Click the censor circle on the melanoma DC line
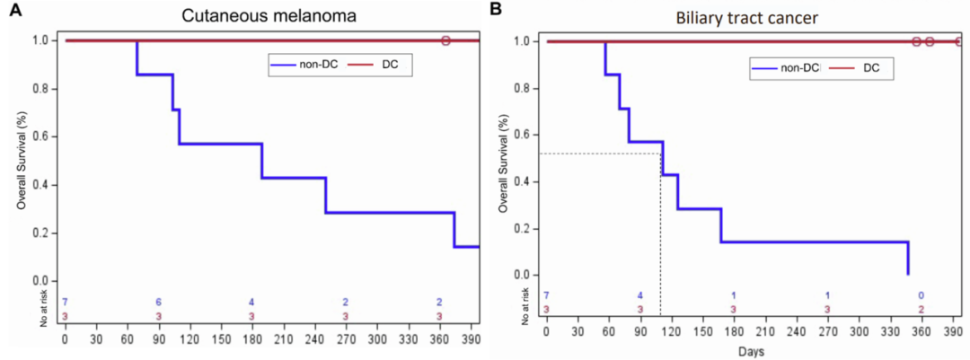coord(446,40)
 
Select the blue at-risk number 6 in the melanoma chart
coord(159,302)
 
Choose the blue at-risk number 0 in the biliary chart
coord(921,295)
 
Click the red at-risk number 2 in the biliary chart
coord(921,310)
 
